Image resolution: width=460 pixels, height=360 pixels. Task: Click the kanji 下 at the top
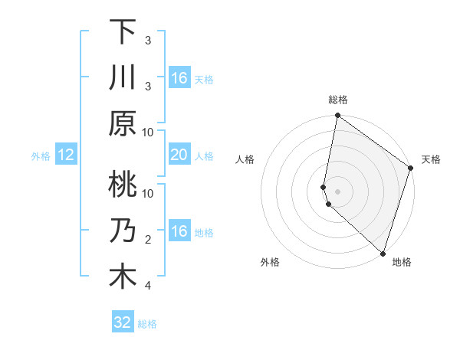(x=123, y=32)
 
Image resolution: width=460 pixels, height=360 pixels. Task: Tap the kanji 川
(x=123, y=78)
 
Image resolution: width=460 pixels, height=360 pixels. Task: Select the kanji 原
(x=123, y=124)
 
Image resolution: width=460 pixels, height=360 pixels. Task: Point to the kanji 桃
(x=123, y=185)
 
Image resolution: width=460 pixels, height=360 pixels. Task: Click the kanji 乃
(x=123, y=231)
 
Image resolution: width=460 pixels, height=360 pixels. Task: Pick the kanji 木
(x=123, y=277)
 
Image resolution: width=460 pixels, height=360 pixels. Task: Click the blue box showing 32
(x=123, y=322)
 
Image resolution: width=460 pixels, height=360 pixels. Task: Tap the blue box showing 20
(x=179, y=155)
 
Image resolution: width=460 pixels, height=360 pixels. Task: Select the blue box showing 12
(x=66, y=155)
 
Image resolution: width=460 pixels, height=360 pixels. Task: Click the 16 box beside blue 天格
(x=179, y=78)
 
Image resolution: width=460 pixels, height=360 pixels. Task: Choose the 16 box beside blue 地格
(x=179, y=231)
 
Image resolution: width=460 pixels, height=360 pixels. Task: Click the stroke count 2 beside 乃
(x=147, y=240)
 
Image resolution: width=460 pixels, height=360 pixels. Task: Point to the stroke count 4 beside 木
(x=147, y=286)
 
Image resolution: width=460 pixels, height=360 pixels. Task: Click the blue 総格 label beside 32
(x=147, y=324)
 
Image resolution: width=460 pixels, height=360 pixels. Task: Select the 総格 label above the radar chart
(x=338, y=100)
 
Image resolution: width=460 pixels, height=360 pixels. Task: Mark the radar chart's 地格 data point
(x=383, y=254)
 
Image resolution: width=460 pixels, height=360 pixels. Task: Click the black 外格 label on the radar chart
(x=270, y=262)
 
